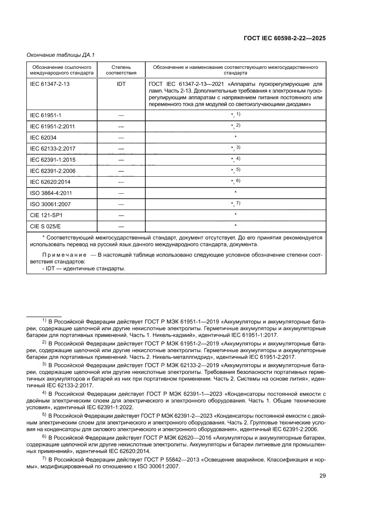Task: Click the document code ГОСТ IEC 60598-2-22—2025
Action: click(284, 38)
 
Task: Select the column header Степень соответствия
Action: click(121, 70)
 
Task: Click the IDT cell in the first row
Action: click(121, 84)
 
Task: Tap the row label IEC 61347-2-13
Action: click(49, 84)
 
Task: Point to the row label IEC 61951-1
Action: click(46, 115)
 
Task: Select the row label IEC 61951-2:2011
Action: click(52, 127)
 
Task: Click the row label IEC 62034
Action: click(43, 137)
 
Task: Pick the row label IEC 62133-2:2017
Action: click(52, 149)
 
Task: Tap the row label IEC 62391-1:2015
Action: click(52, 160)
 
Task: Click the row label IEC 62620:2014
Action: click(50, 182)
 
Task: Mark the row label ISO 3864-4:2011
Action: click(51, 193)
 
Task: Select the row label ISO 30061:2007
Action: click(50, 204)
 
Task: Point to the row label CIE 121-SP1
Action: click(46, 216)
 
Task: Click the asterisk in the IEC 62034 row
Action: click(235, 137)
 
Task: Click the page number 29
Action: click(322, 488)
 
